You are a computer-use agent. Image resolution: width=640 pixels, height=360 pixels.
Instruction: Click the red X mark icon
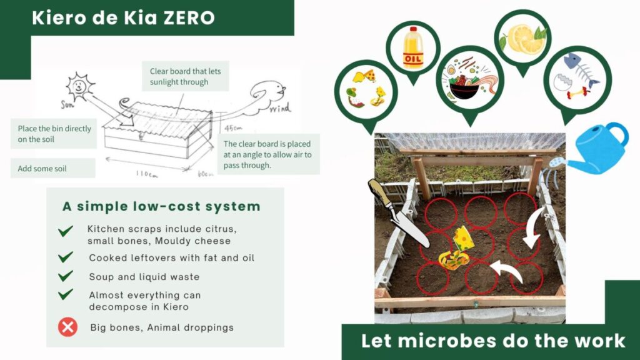click(67, 327)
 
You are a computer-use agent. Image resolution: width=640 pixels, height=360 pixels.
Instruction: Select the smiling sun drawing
click(79, 86)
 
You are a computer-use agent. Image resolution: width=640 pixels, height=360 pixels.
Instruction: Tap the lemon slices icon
click(523, 39)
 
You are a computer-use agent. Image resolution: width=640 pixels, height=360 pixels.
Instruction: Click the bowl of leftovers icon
click(470, 79)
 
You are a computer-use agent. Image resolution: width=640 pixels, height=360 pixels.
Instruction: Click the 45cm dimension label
click(234, 128)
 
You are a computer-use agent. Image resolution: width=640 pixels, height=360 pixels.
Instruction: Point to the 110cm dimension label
click(147, 174)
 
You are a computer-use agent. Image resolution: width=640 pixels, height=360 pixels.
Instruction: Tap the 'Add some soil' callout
click(53, 168)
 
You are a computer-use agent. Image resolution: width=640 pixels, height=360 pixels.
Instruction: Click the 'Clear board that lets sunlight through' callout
click(185, 76)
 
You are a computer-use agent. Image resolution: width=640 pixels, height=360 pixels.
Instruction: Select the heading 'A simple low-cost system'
click(161, 206)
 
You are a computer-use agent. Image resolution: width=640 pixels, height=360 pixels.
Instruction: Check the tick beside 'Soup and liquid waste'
click(65, 276)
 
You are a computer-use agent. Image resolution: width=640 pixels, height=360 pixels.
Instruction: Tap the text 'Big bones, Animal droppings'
click(162, 327)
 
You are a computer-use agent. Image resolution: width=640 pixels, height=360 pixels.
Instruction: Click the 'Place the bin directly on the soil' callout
click(54, 134)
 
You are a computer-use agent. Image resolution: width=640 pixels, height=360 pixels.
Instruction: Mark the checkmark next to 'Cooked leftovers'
click(65, 257)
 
